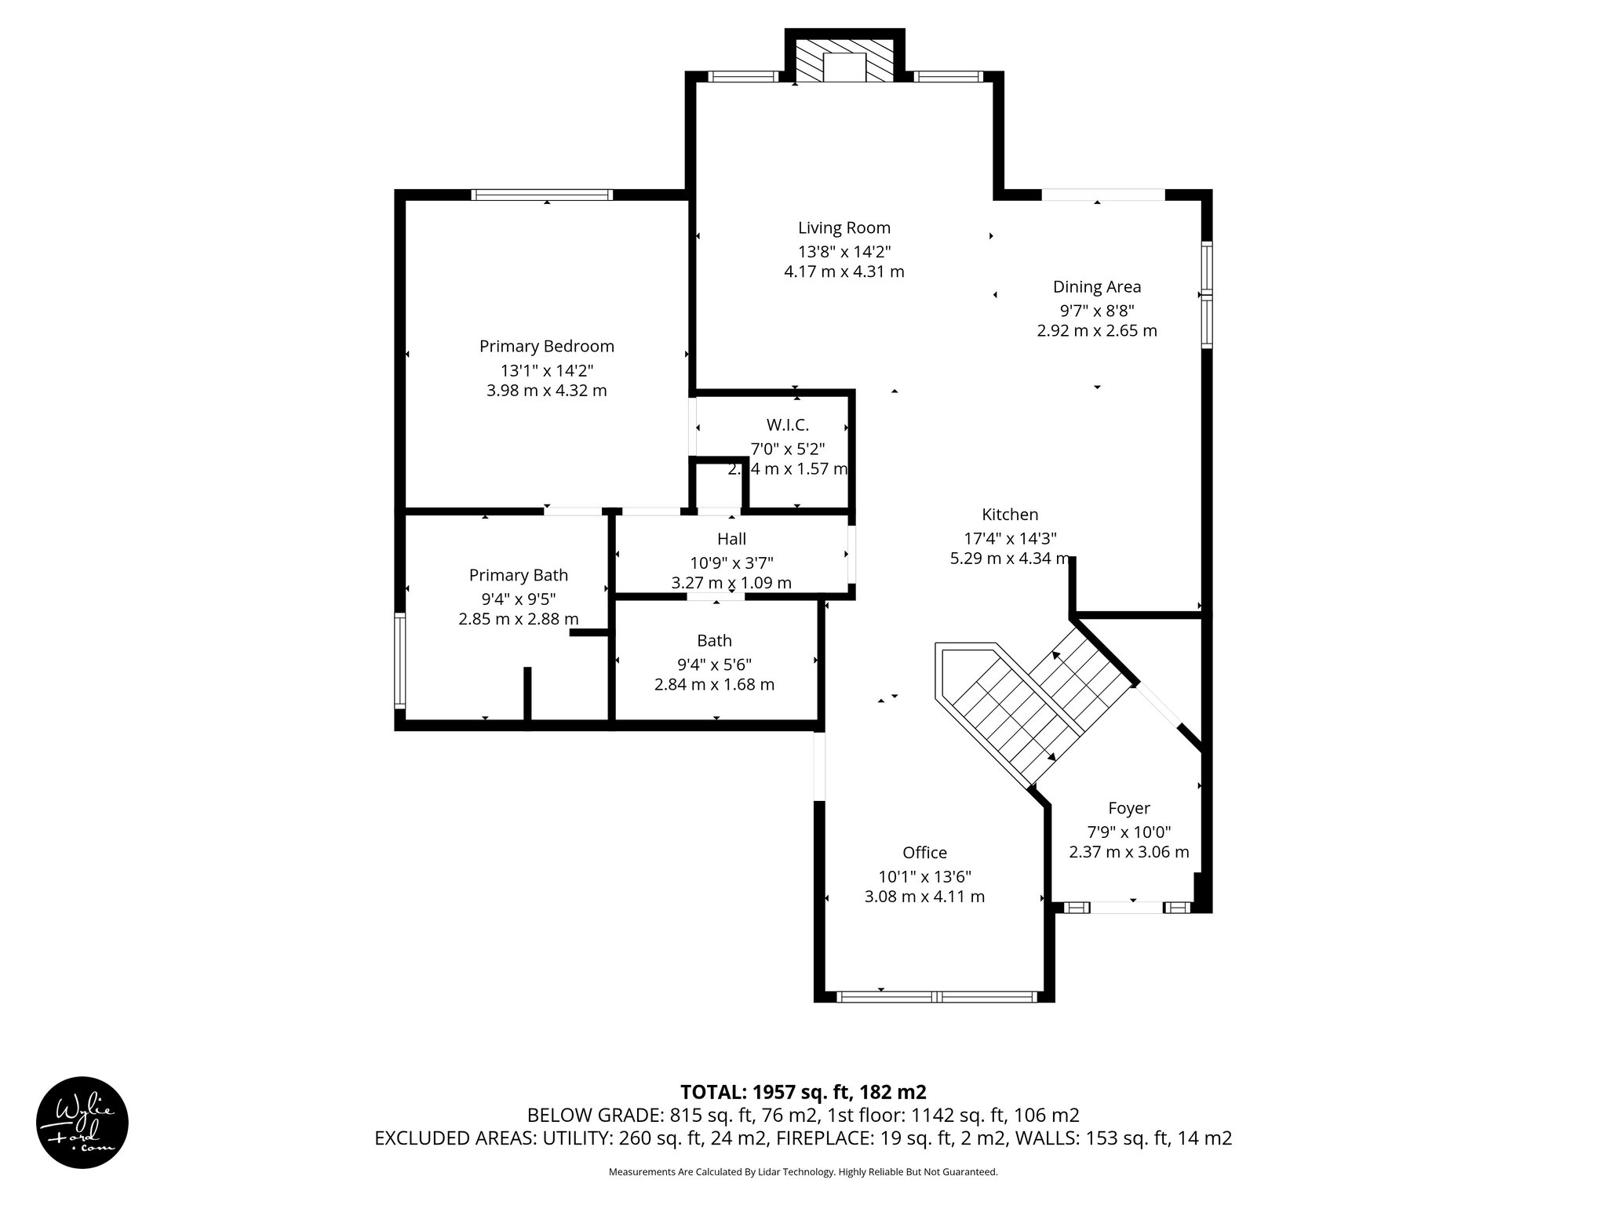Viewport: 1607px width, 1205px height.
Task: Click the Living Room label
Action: tap(844, 228)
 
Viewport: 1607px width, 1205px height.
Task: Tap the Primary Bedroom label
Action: tap(546, 347)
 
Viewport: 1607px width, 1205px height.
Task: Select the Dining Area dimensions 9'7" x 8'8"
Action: tap(1096, 310)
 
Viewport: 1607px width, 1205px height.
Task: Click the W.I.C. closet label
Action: tap(787, 425)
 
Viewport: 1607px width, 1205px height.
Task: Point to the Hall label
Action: tap(731, 539)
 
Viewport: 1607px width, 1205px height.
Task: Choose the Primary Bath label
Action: tap(518, 575)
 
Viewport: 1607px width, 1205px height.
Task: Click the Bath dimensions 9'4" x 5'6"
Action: tap(714, 664)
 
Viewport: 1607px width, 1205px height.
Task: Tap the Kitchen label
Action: tap(1009, 515)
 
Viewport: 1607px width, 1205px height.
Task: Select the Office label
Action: tap(924, 853)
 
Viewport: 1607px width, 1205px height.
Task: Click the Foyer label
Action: tap(1128, 808)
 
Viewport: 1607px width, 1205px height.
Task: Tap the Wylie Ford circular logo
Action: tap(82, 1122)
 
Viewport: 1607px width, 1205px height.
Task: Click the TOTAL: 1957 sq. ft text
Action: tap(803, 1092)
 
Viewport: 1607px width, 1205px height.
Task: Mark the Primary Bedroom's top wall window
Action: tap(541, 195)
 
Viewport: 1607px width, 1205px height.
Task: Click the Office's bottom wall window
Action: tap(935, 997)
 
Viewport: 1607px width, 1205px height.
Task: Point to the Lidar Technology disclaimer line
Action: tap(803, 1172)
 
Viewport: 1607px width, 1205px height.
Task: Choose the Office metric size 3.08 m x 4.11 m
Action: tap(924, 897)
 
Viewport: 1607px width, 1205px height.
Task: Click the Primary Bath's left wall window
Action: tap(399, 661)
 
